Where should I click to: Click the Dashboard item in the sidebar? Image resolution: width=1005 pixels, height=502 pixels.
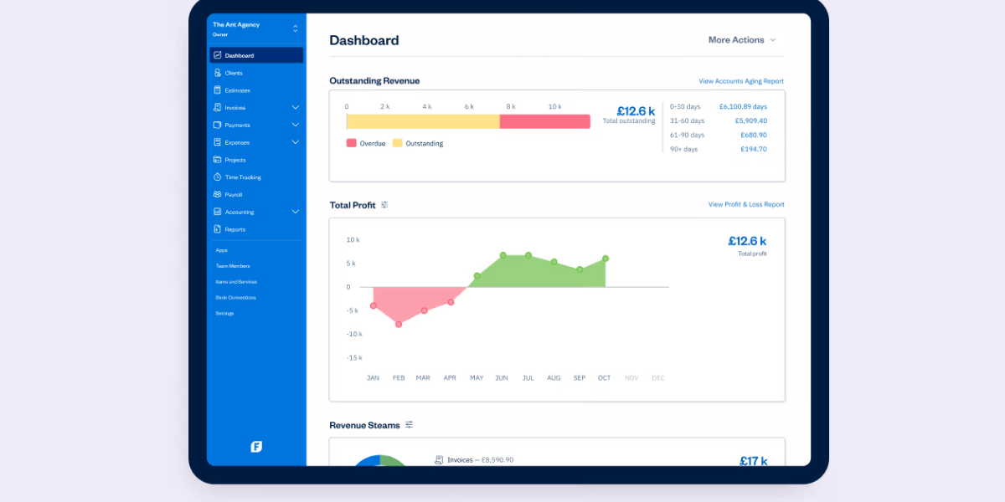[255, 55]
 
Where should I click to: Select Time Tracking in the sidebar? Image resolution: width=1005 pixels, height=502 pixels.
[242, 177]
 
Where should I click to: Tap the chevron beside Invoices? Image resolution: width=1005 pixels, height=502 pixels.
[295, 108]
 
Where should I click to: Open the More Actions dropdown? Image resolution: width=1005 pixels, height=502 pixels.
[742, 40]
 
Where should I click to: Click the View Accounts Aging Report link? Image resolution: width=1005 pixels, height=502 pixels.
[740, 81]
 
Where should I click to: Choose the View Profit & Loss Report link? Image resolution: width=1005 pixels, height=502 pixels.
[745, 204]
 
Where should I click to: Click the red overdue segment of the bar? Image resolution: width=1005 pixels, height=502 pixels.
[544, 121]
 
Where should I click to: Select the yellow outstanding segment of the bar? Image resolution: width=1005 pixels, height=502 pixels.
[423, 121]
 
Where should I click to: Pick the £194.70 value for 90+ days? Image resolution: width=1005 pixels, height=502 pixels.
[753, 149]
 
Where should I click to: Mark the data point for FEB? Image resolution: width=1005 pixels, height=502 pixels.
[399, 324]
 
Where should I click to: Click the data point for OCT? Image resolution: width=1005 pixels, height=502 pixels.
[605, 259]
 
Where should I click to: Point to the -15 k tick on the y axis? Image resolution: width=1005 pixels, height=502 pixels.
[353, 357]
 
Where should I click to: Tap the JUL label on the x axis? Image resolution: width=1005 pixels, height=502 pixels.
[528, 378]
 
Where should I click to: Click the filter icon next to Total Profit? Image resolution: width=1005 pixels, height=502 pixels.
[384, 205]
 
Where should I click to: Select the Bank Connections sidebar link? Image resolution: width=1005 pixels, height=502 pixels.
[235, 297]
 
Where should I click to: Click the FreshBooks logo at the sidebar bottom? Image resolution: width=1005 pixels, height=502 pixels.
[256, 447]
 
